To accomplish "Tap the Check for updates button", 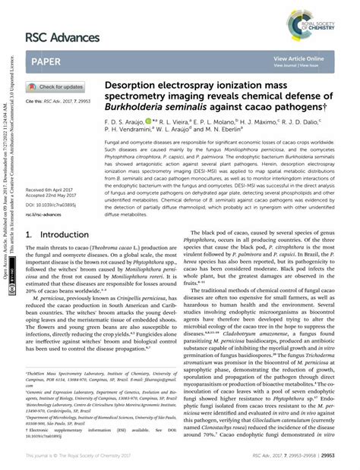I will coord(57,87).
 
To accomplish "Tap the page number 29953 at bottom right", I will coord(344,459).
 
